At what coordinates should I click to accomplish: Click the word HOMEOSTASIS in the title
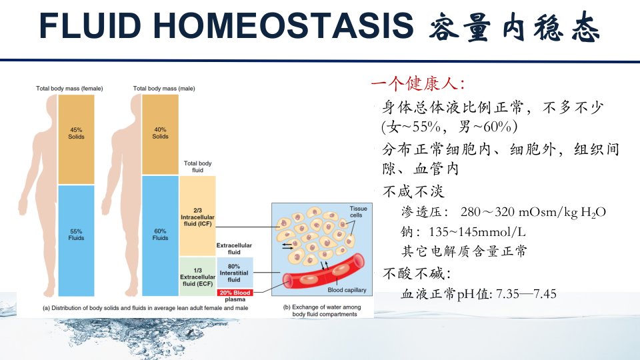pyautogui.click(x=283, y=26)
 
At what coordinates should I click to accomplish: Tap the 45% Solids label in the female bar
pyautogui.click(x=76, y=133)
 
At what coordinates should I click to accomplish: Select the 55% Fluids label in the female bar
pyautogui.click(x=76, y=235)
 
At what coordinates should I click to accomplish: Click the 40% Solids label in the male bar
pyautogui.click(x=160, y=133)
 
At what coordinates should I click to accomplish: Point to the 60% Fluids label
pyautogui.click(x=160, y=235)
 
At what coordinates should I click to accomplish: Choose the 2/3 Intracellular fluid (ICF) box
pyautogui.click(x=197, y=216)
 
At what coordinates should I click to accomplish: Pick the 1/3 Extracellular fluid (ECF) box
pyautogui.click(x=197, y=276)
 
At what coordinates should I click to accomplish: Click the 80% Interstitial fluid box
pyautogui.click(x=235, y=273)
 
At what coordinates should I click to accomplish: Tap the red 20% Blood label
pyautogui.click(x=235, y=293)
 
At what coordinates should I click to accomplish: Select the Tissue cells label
pyautogui.click(x=359, y=212)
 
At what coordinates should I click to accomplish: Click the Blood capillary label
pyautogui.click(x=347, y=290)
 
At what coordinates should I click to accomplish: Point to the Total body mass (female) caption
pyautogui.click(x=69, y=89)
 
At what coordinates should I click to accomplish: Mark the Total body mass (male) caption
pyautogui.click(x=164, y=89)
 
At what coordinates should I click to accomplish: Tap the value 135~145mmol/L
pyautogui.click(x=477, y=232)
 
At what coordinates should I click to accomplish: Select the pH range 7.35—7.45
pyautogui.click(x=526, y=294)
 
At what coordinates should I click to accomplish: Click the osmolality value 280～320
pyautogui.click(x=487, y=212)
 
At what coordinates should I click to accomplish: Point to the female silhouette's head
pyautogui.click(x=51, y=105)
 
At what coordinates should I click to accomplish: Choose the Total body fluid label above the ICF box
pyautogui.click(x=197, y=167)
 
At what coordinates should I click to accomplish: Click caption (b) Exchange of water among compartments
pyautogui.click(x=323, y=311)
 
